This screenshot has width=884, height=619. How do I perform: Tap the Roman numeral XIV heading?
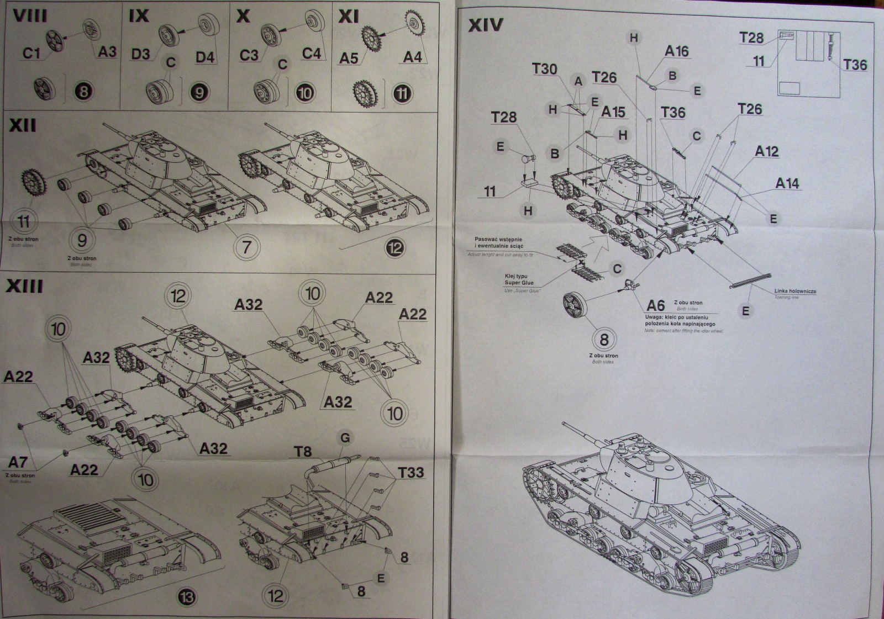[x=486, y=25]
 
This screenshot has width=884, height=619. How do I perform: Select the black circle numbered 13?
[x=187, y=597]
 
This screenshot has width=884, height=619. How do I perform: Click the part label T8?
[x=302, y=452]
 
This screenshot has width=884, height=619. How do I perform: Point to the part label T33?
[x=411, y=472]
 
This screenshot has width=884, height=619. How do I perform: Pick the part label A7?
[x=18, y=462]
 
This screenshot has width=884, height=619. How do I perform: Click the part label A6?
[x=655, y=305]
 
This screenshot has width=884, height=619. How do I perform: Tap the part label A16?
[x=677, y=51]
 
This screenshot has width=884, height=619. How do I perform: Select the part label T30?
[x=544, y=69]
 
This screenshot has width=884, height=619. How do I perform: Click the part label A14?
[x=787, y=183]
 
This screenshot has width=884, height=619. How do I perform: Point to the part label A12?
[x=766, y=151]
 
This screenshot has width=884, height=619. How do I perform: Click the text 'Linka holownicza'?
[x=795, y=291]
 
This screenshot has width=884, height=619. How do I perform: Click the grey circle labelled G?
[x=345, y=438]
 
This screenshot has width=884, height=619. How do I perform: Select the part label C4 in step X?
[x=311, y=53]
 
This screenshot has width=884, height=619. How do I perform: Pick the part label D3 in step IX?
[x=140, y=54]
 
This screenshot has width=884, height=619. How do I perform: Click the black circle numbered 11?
[x=403, y=92]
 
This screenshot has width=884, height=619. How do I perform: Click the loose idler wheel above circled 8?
[x=577, y=305]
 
